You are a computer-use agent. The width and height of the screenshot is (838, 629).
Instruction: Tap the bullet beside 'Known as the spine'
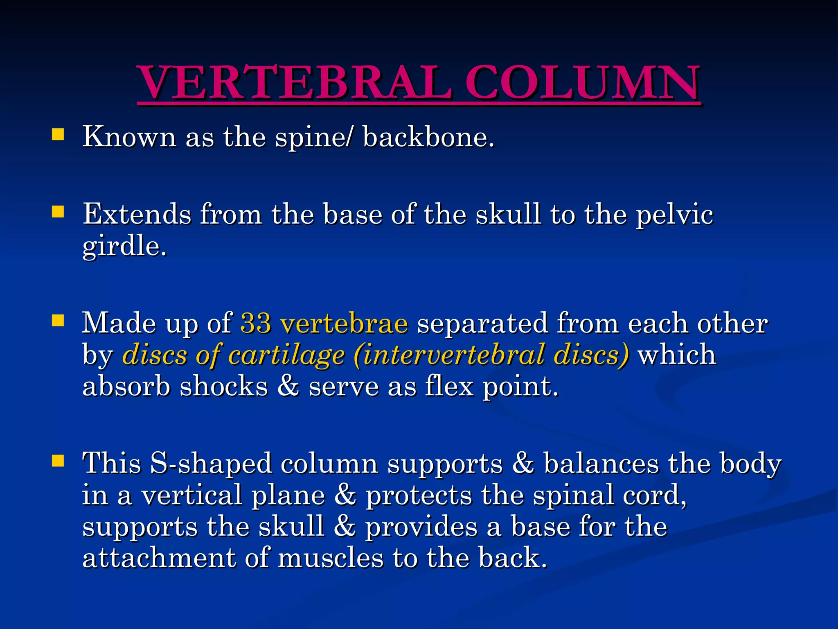coord(58,135)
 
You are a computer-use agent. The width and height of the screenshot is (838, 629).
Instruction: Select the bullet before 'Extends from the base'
coord(58,212)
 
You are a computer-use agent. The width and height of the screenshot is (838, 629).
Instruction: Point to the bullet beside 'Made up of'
coord(58,321)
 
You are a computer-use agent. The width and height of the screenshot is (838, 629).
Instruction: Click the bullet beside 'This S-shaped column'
coord(58,461)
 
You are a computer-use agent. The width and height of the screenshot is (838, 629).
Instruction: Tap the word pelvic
coord(675,215)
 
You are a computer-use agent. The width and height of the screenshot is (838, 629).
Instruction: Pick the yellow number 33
coord(256,323)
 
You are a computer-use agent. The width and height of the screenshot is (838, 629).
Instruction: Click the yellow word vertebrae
coord(344,323)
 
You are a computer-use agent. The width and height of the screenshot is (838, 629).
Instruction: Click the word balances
coord(601,464)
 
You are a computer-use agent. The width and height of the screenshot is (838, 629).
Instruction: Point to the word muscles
coord(331,558)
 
